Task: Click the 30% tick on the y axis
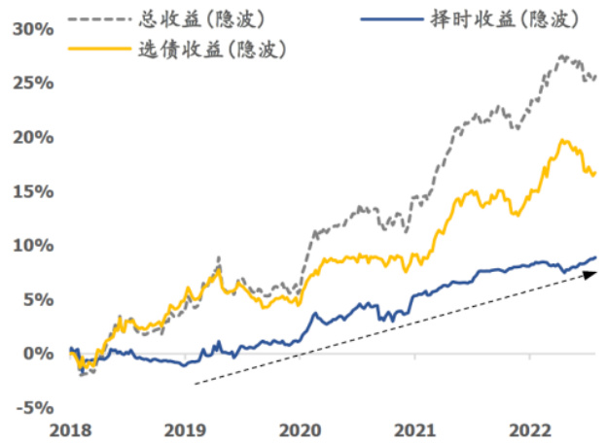32,29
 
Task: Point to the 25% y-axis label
32,84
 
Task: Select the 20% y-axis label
32,138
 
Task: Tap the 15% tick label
32,191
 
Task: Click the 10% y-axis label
32,246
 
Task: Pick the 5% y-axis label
37,299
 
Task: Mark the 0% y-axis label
37,354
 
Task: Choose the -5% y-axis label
34,407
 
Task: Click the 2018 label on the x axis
71,428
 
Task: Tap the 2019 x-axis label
185,428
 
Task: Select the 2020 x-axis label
300,428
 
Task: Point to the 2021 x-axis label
414,428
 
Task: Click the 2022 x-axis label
529,428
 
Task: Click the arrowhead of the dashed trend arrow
590,275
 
